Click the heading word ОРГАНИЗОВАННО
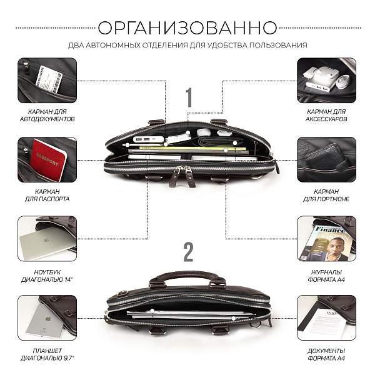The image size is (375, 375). click(x=187, y=27)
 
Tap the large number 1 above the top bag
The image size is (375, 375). click(x=188, y=98)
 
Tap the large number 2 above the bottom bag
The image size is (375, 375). click(x=188, y=252)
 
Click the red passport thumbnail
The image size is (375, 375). click(x=47, y=159)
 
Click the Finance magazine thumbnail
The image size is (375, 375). click(x=327, y=239)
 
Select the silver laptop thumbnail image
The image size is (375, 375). click(x=47, y=239)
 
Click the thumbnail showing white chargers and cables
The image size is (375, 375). click(x=327, y=80)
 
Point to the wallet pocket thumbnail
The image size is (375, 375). click(x=327, y=159)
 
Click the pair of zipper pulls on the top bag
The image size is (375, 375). click(x=187, y=176)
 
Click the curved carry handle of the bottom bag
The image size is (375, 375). click(x=187, y=276)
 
